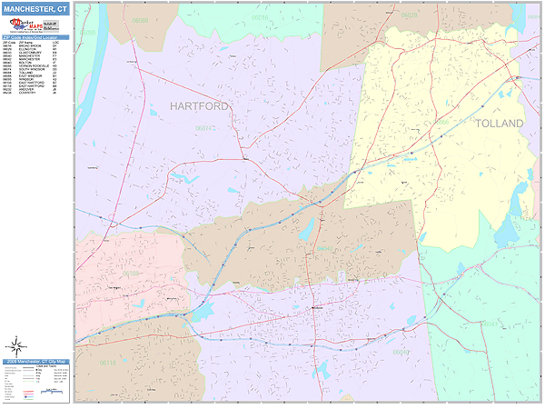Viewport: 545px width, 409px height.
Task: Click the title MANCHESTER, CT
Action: [x=35, y=8]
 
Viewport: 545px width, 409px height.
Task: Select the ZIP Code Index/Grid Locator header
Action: [x=35, y=37]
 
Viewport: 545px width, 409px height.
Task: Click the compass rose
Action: [x=15, y=345]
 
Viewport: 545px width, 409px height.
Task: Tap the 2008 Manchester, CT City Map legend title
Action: [x=35, y=362]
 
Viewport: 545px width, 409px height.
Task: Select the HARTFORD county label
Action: [x=200, y=106]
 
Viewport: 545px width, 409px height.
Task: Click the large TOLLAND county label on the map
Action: [x=500, y=123]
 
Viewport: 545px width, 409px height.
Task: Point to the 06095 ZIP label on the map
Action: [x=88, y=33]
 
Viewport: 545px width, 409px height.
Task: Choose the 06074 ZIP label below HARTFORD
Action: [x=207, y=128]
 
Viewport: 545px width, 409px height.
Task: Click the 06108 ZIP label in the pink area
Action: [x=133, y=273]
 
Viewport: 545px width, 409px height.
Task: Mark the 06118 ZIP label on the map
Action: [x=108, y=363]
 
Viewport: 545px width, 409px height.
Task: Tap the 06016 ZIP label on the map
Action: [x=260, y=17]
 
